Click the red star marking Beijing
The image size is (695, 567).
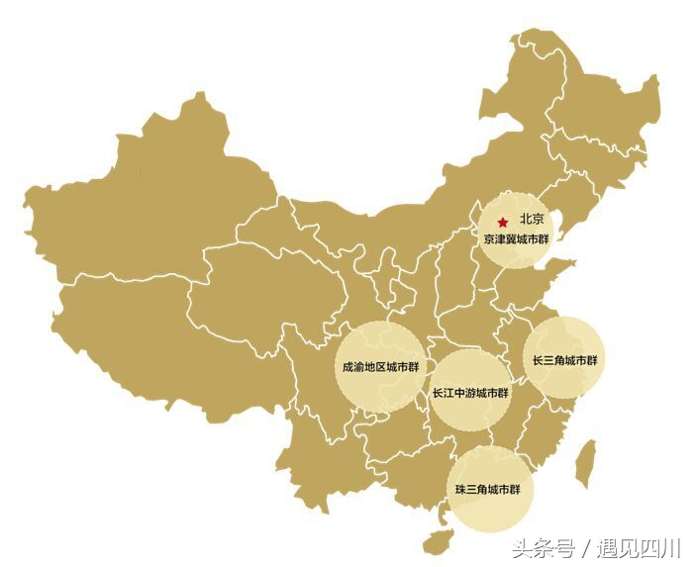pyautogui.click(x=503, y=222)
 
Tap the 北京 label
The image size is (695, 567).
pyautogui.click(x=532, y=221)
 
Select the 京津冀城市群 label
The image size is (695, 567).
pyautogui.click(x=515, y=239)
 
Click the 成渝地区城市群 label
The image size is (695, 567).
pyautogui.click(x=380, y=367)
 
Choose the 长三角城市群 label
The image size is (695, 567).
pyautogui.click(x=564, y=360)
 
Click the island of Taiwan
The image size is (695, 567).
pyautogui.click(x=586, y=461)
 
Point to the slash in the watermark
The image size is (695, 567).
pyautogui.click(x=586, y=547)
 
